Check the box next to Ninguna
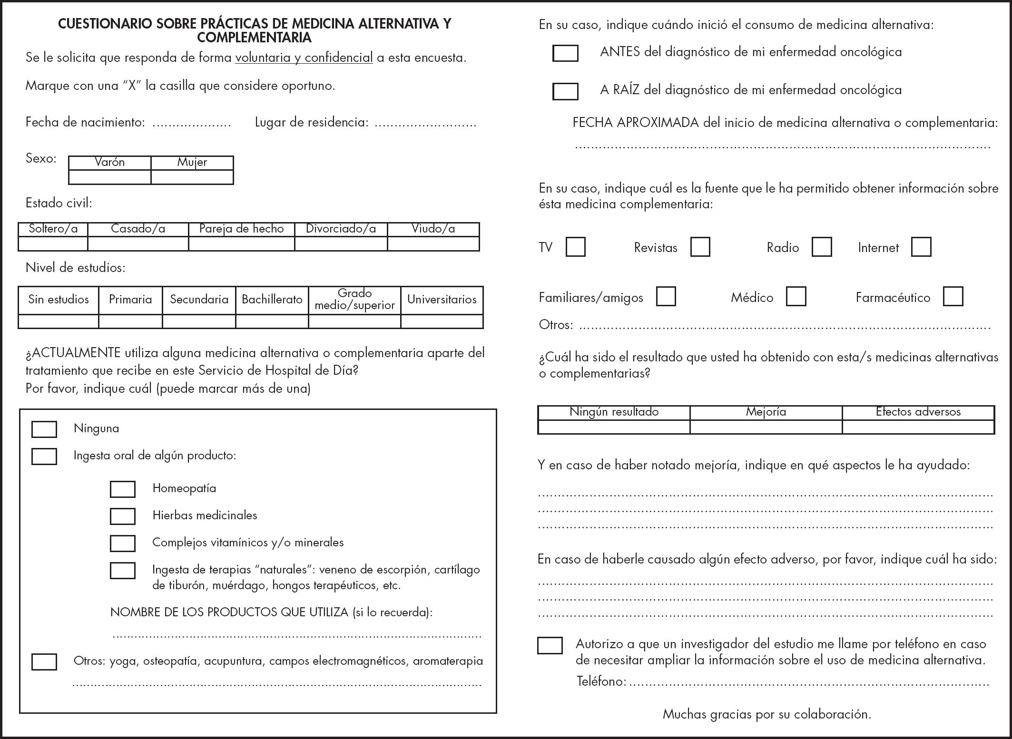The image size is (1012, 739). (44, 429)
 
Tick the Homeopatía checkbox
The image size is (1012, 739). (123, 489)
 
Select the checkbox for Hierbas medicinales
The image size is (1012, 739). (123, 516)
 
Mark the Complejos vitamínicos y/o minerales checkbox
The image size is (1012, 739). (123, 543)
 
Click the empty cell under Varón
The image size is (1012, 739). (110, 177)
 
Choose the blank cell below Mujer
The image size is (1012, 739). (192, 177)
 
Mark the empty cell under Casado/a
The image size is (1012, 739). (138, 243)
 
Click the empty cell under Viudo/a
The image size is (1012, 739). (433, 243)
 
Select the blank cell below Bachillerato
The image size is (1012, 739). (272, 321)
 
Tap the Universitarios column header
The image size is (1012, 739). (442, 300)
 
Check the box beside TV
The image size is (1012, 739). (576, 247)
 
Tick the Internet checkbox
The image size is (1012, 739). (921, 247)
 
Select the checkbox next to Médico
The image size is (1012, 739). (796, 296)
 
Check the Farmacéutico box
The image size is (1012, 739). (953, 296)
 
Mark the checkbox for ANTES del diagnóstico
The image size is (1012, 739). (565, 53)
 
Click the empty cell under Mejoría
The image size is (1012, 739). (766, 427)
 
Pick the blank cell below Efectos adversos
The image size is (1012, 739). (918, 427)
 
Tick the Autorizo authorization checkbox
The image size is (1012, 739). (550, 645)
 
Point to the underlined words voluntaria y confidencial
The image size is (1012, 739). (304, 58)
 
